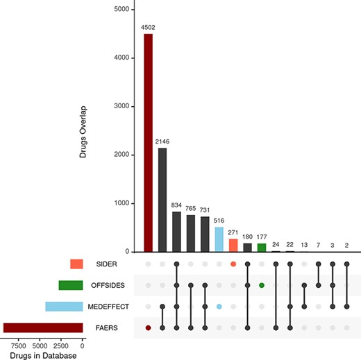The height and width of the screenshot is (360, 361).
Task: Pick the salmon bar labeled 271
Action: click(x=233, y=245)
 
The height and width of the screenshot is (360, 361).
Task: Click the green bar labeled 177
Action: click(x=262, y=247)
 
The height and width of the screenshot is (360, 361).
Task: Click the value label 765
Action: click(x=191, y=208)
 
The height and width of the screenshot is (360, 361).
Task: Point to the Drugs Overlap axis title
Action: click(x=82, y=132)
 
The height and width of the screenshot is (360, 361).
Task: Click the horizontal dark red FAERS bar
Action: click(x=43, y=327)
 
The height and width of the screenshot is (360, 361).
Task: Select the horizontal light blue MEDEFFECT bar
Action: click(x=64, y=306)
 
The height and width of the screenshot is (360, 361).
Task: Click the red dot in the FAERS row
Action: click(x=148, y=327)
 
